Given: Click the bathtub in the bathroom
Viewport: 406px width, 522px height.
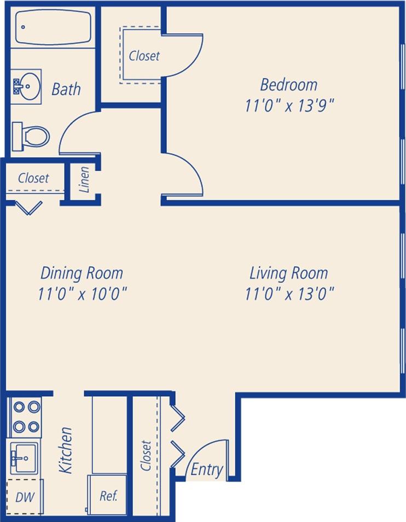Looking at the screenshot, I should (53, 27).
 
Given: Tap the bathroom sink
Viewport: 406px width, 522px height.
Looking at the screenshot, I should (26, 86).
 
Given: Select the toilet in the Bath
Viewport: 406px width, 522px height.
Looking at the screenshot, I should (32, 134).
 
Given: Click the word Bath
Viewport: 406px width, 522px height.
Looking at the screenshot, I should (66, 89).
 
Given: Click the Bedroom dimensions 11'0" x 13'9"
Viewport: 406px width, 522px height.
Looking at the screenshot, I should (289, 105).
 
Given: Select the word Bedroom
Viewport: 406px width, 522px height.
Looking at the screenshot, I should (288, 85).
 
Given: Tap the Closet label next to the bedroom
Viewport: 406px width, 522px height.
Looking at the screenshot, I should (144, 56).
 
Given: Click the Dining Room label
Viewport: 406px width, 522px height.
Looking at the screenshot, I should (82, 273).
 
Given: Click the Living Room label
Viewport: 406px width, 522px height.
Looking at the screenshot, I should (288, 273).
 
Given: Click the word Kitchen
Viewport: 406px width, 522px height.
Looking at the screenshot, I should (66, 450).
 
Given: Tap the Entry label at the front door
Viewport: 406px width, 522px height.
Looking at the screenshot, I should (207, 469).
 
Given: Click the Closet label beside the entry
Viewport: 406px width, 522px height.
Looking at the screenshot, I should (146, 455).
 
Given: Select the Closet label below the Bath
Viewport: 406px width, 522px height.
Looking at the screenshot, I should (33, 178).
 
